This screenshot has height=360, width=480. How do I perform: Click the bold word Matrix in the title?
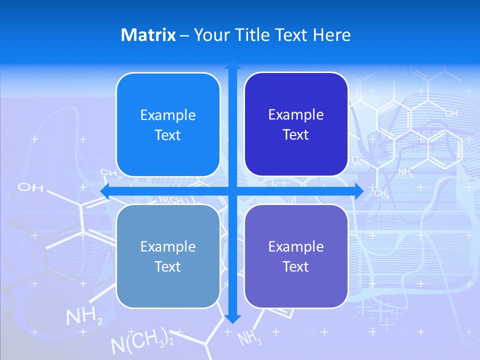148,35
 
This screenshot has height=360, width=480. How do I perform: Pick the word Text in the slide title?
290,35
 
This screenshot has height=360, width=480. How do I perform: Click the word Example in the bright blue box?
168,115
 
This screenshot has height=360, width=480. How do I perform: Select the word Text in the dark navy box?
296,135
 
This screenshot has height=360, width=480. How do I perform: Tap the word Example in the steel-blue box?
168,246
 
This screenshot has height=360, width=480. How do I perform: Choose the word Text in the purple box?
296,266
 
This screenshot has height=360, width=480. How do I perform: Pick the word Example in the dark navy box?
296,114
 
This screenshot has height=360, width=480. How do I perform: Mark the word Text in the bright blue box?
168,135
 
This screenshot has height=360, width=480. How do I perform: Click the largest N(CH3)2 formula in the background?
142,341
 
